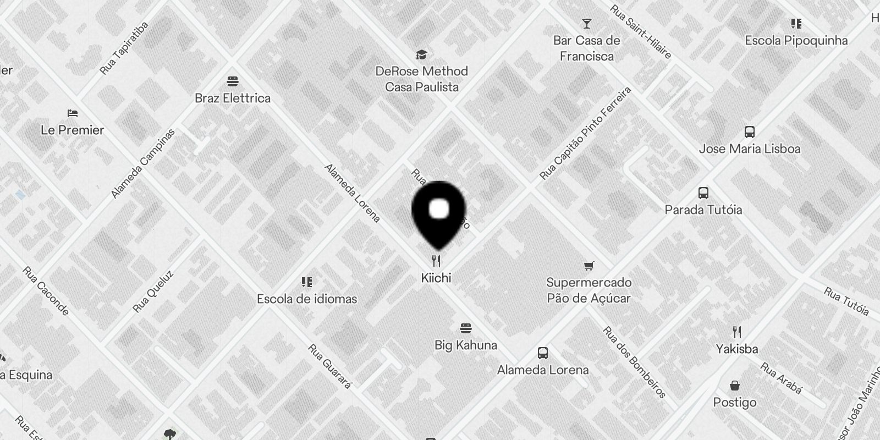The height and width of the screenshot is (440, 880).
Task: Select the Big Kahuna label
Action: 465,345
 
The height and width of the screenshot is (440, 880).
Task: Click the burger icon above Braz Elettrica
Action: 232,81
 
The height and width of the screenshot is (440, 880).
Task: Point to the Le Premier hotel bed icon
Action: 72,113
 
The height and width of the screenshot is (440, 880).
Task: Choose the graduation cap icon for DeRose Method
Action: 421,54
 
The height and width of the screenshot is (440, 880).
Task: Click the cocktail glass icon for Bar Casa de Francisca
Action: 587,24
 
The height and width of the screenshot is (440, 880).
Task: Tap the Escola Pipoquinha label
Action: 796,41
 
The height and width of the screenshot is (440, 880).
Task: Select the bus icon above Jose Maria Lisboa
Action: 749,132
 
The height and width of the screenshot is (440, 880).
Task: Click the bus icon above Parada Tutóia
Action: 703,193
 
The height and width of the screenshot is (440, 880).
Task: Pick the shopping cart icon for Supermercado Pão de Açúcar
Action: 588,266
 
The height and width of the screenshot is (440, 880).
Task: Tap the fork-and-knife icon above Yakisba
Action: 737,332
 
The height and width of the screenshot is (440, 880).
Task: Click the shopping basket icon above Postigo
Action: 735,386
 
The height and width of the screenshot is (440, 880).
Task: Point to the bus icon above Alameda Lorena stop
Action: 542,353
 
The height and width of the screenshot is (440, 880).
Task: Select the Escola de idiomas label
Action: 307,299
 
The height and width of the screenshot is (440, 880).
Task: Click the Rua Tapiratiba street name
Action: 124,48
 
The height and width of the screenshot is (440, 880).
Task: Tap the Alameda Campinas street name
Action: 142,163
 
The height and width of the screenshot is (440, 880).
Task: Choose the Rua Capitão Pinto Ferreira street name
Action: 585,133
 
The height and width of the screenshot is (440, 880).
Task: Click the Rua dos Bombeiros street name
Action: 634,362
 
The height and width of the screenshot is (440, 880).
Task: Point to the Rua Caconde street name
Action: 46,291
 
